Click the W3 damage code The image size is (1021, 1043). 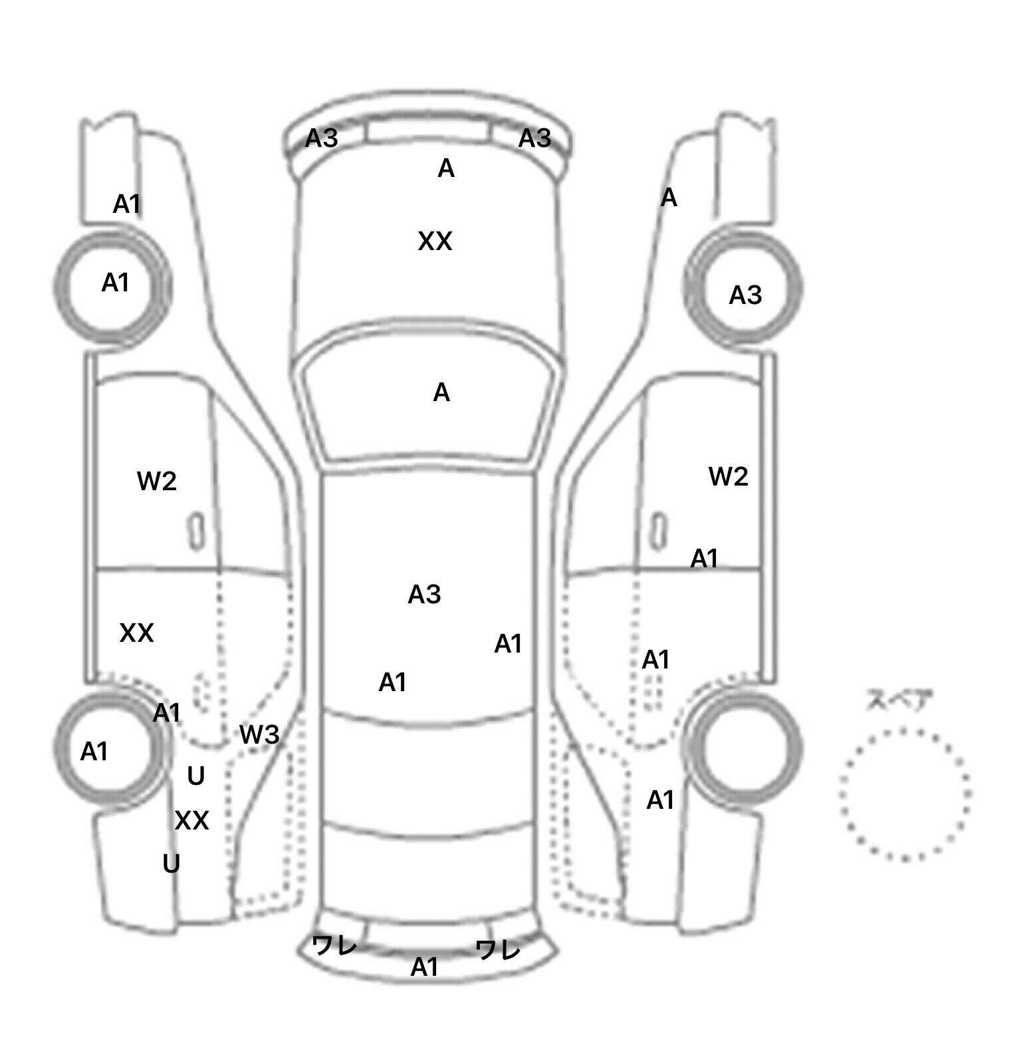[259, 735]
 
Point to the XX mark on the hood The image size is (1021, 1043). [435, 241]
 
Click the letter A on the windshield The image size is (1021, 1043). [441, 393]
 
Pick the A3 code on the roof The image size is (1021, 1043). [424, 595]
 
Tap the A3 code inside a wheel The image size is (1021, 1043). [744, 295]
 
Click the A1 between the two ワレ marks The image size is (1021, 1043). [424, 967]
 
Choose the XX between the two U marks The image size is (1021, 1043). [191, 821]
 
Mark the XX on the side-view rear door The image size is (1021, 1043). [136, 633]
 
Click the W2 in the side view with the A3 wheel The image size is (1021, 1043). [728, 476]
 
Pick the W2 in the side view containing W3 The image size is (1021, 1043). [157, 481]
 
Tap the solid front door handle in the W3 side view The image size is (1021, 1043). [196, 531]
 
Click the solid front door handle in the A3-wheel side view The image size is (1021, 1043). [659, 531]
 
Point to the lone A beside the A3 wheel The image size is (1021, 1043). [668, 198]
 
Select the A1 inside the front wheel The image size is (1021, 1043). [115, 283]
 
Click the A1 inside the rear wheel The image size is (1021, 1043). [94, 752]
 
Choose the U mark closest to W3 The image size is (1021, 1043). [195, 776]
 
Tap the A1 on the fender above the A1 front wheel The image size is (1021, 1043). [126, 205]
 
